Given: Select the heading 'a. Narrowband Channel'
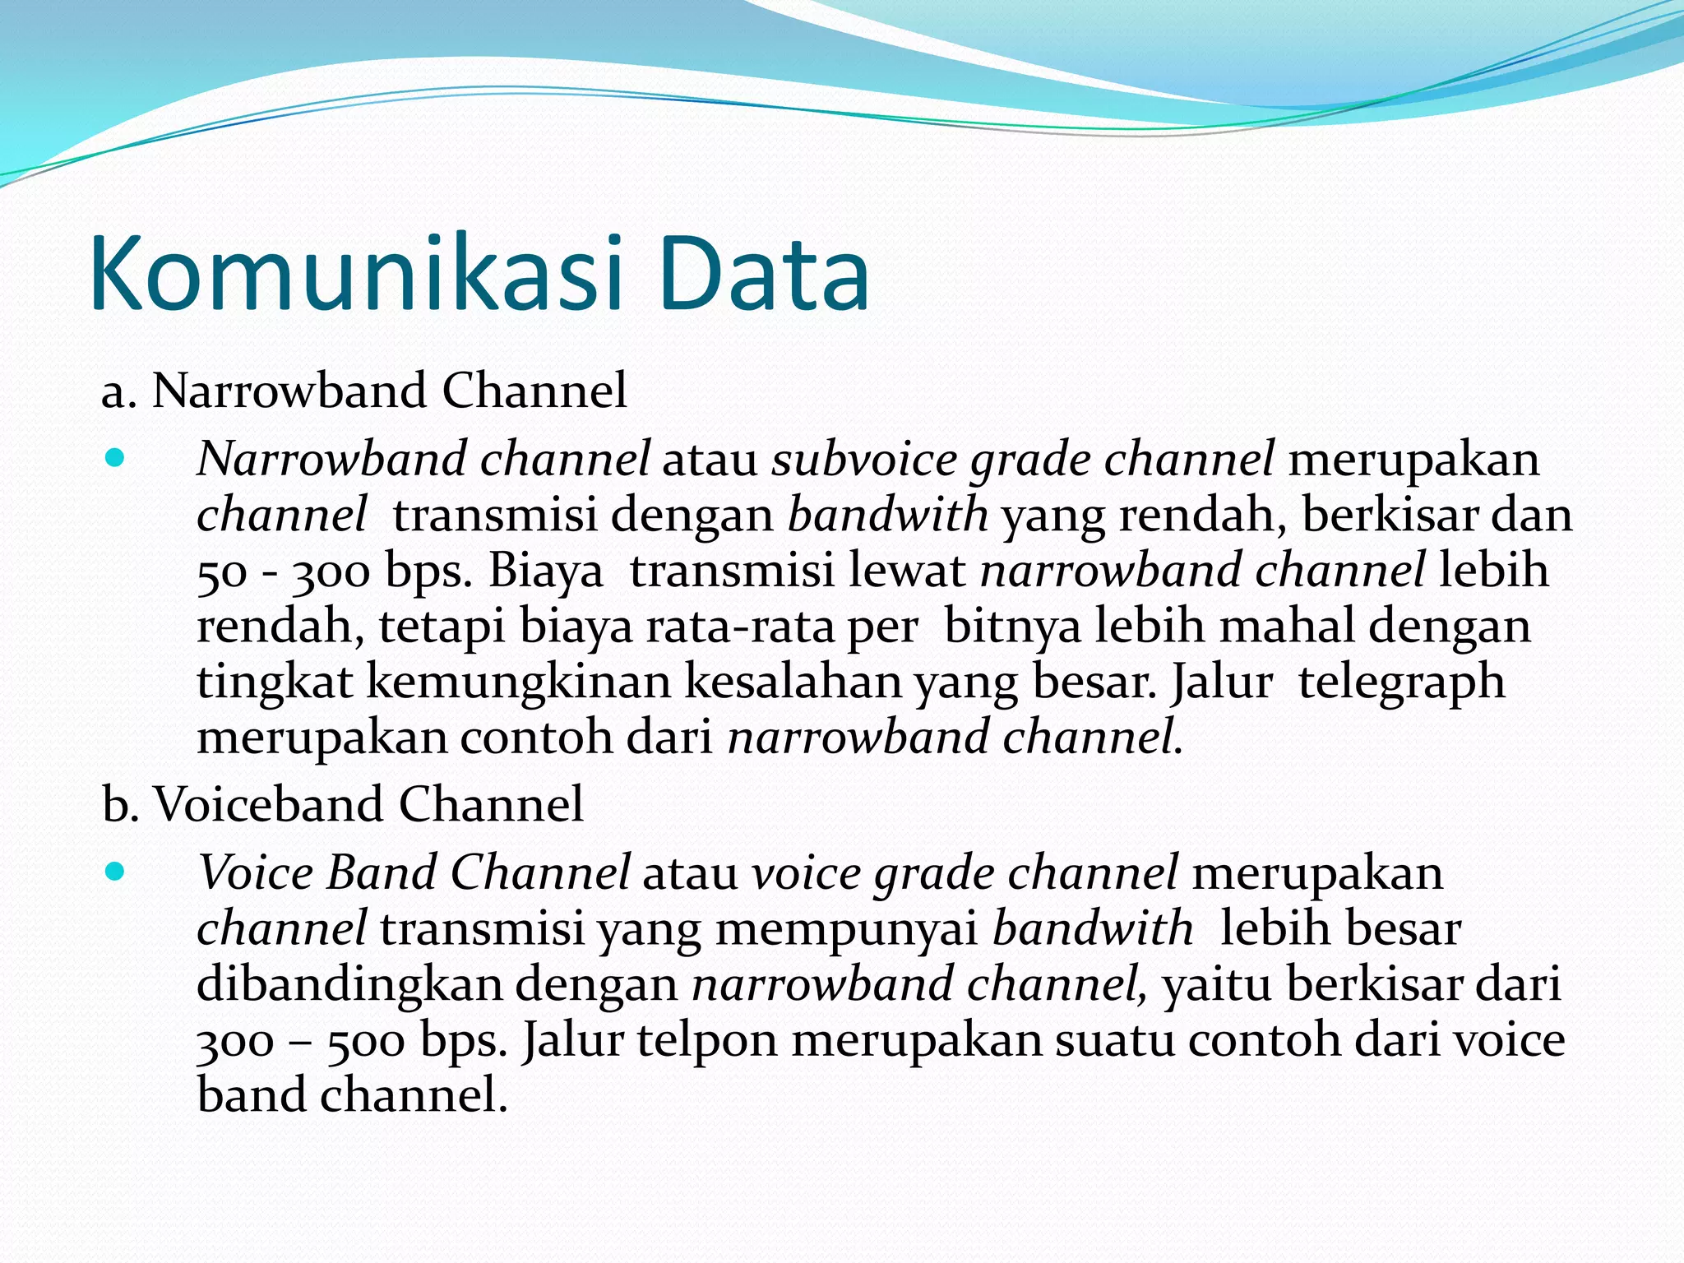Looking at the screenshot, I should point(363,391).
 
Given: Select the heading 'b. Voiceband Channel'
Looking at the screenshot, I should point(343,804).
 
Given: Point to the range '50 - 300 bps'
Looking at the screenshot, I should point(334,572).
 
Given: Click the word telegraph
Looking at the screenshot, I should point(1401,682).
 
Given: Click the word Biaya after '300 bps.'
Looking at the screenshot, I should point(546,571).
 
